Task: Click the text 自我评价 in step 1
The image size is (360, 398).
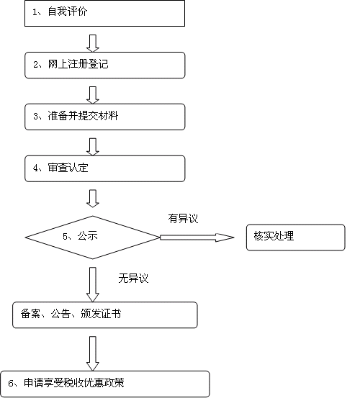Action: point(68,12)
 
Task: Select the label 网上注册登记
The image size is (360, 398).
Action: point(78,64)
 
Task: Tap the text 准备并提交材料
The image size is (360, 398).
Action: point(83,116)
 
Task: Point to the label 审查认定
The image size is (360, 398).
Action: point(68,168)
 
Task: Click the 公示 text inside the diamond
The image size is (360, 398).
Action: point(88,236)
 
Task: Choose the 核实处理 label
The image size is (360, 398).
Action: point(274,236)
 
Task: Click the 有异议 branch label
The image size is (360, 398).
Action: point(183,219)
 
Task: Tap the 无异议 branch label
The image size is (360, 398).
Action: point(133,279)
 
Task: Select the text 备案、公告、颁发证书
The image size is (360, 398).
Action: point(71,314)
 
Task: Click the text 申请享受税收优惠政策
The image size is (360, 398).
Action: point(74,383)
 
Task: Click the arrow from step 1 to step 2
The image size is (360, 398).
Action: point(93,43)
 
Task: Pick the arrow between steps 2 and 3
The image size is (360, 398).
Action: point(93,95)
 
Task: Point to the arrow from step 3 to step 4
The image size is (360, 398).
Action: point(93,147)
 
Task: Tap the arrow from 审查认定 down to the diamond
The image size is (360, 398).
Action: point(93,199)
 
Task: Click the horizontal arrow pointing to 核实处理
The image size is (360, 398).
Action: point(197,238)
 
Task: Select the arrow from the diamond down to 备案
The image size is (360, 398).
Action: point(93,284)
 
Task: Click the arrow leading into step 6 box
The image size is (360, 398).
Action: point(93,354)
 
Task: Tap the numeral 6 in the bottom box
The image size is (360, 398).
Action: point(11,384)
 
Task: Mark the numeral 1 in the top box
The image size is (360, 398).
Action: point(35,12)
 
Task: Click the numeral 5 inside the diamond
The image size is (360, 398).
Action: point(66,237)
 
